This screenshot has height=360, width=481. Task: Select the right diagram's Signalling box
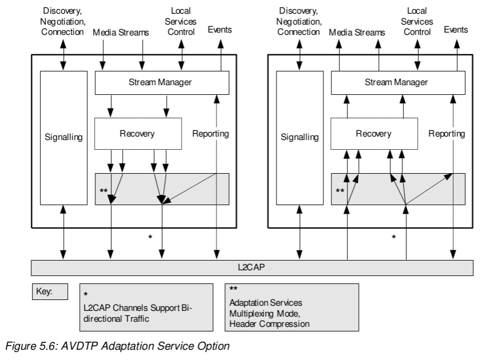click(x=299, y=137)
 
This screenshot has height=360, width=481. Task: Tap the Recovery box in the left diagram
click(x=137, y=134)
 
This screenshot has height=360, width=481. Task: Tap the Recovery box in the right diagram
click(x=374, y=134)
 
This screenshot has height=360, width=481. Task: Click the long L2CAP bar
click(x=252, y=267)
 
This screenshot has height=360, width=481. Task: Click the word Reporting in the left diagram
click(x=210, y=134)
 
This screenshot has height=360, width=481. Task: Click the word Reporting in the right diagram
click(x=447, y=134)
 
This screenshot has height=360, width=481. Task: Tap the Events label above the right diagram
click(x=456, y=28)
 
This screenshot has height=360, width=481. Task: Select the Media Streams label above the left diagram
click(x=121, y=33)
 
